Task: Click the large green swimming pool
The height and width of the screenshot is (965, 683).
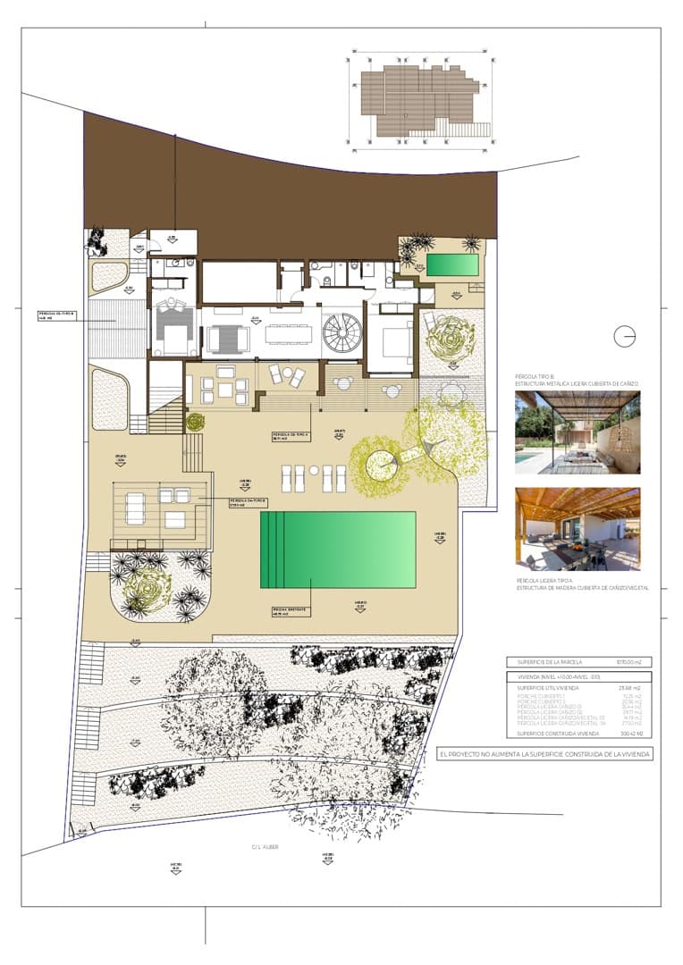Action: pyautogui.click(x=338, y=549)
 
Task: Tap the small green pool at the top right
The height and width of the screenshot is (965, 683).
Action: pyautogui.click(x=451, y=264)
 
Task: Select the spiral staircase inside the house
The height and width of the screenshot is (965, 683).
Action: pyautogui.click(x=340, y=334)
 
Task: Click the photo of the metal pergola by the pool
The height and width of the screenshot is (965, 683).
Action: pyautogui.click(x=578, y=432)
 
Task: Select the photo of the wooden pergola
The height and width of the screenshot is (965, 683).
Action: pyautogui.click(x=578, y=529)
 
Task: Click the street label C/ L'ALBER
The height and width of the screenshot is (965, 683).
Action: pyautogui.click(x=265, y=846)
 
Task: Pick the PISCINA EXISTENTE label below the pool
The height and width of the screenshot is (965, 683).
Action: pyautogui.click(x=290, y=611)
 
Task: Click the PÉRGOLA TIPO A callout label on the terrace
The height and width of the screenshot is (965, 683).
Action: pyautogui.click(x=291, y=436)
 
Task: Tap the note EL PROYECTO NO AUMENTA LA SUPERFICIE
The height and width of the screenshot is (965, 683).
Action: pyautogui.click(x=545, y=754)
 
